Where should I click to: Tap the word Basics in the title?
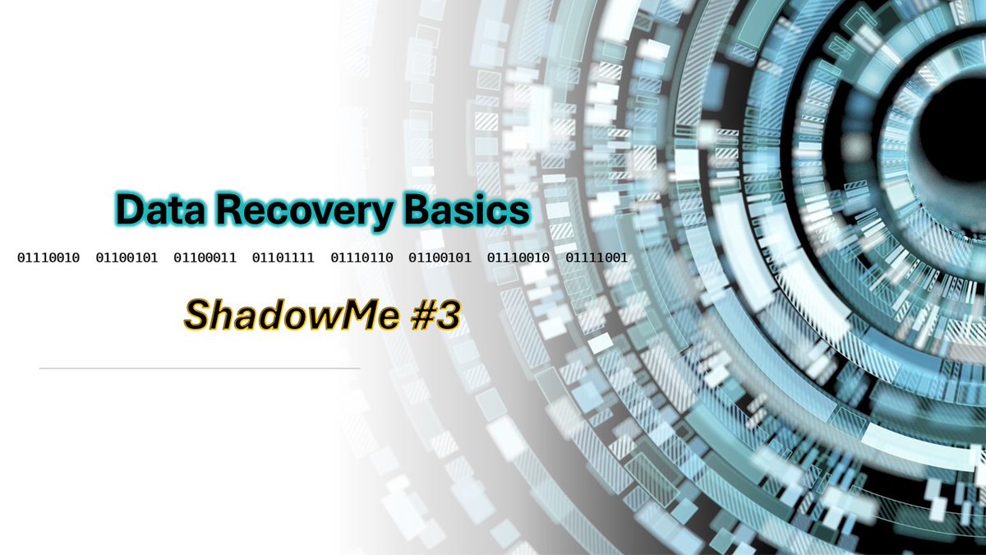pyautogui.click(x=466, y=210)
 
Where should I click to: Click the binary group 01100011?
pyautogui.click(x=205, y=258)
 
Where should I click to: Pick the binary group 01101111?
pyautogui.click(x=283, y=258)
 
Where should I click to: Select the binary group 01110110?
pyautogui.click(x=362, y=258)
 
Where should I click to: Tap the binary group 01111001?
pyautogui.click(x=597, y=258)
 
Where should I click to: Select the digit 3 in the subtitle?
pyautogui.click(x=445, y=315)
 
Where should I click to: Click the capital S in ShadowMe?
pyautogui.click(x=197, y=315)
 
